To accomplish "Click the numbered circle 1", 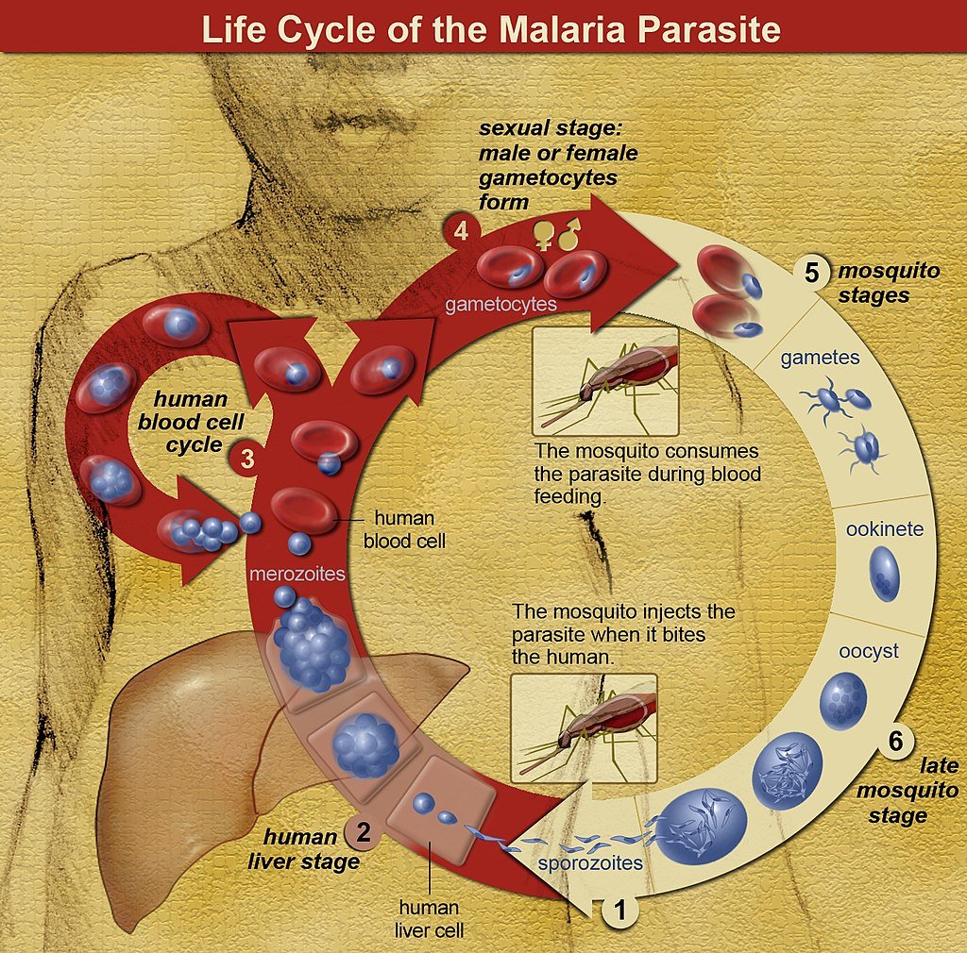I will [620, 911].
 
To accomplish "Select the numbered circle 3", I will [246, 460].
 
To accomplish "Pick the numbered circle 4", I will [460, 230].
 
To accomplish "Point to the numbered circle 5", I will [810, 272].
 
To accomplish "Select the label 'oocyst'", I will [869, 651].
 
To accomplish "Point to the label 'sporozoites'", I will [590, 862].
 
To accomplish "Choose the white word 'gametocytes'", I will [500, 305].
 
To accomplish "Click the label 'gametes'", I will [820, 359].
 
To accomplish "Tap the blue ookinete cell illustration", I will [884, 576].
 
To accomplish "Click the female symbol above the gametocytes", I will [545, 233].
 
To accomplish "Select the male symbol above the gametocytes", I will [568, 233].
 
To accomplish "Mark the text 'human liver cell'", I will [429, 918].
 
